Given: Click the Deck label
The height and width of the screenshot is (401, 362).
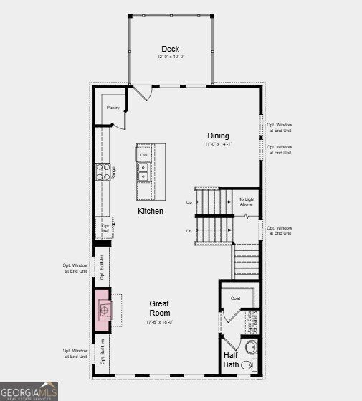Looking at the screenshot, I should [170, 49].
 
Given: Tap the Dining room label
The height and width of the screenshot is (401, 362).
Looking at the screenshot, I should [219, 136].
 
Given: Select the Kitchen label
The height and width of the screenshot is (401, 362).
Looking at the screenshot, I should [151, 211].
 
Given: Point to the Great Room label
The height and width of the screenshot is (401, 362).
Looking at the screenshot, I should [159, 308].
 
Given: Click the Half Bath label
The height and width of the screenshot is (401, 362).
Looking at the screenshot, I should [231, 359].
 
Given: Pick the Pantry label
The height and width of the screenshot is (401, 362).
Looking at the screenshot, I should [113, 108].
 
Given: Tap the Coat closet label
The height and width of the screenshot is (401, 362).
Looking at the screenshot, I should [235, 298].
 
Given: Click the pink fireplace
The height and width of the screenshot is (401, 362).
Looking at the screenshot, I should [103, 310].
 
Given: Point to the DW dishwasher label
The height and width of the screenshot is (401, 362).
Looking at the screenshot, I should [143, 155].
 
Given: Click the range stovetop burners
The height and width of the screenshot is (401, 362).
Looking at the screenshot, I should [103, 172].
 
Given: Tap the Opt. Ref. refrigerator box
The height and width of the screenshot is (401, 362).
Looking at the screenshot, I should [105, 227].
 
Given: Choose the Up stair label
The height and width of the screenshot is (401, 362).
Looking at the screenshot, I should [189, 202].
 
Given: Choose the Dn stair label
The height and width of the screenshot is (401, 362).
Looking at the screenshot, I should [189, 231].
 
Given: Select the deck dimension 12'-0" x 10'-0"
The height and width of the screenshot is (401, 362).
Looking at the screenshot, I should [171, 57].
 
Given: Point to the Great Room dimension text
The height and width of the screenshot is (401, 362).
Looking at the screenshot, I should [159, 322].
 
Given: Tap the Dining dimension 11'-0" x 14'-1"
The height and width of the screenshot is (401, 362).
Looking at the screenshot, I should [219, 144].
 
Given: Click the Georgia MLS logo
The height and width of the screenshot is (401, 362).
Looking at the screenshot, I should [29, 391].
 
